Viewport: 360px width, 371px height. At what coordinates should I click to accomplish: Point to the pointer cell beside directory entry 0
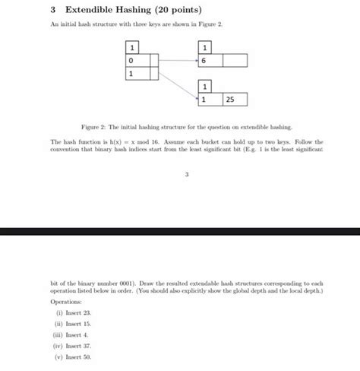154,60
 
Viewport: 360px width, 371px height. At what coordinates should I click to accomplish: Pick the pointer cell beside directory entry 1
154,74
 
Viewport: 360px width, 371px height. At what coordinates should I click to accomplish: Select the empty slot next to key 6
235,60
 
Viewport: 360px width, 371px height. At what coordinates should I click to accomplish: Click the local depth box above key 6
204,46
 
